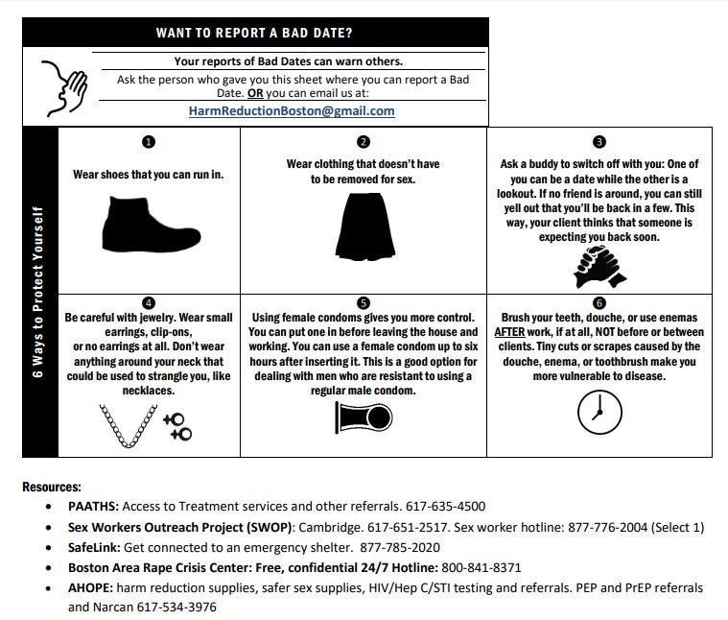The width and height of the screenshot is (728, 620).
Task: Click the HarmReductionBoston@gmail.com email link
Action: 292,111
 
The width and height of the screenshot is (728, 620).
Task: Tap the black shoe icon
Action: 145,224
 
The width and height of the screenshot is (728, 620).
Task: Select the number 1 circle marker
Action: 148,142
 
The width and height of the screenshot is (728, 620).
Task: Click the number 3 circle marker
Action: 599,142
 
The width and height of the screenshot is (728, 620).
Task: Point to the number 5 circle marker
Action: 363,303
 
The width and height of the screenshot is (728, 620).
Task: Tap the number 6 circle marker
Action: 599,303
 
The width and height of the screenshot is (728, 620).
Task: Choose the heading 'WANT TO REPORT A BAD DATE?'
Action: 254,34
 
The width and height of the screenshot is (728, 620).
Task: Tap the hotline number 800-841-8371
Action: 487,567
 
